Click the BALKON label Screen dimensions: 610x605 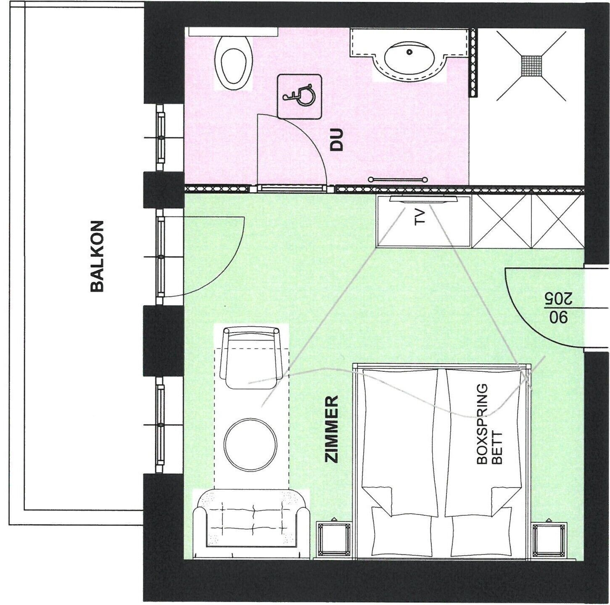(97, 256)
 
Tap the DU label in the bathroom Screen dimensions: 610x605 (336, 139)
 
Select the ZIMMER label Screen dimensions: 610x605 (332, 429)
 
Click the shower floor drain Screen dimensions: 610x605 (531, 66)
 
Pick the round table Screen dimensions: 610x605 (250, 445)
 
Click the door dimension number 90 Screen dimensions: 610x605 (559, 317)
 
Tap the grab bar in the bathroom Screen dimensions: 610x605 (398, 180)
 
